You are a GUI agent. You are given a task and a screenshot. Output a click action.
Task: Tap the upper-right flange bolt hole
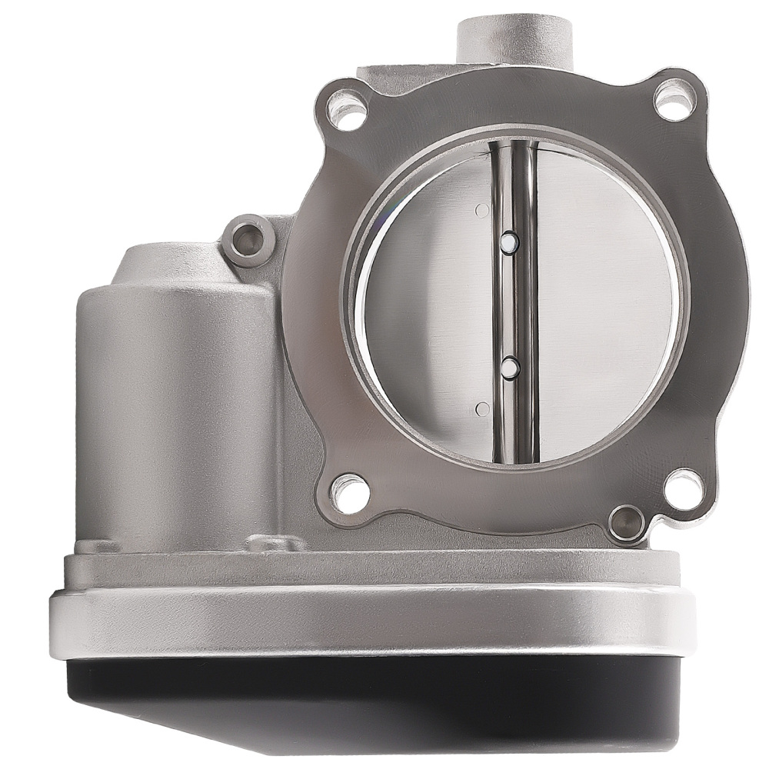pyautogui.click(x=674, y=98)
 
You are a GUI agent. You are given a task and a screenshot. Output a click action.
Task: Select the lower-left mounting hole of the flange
pyautogui.click(x=349, y=493)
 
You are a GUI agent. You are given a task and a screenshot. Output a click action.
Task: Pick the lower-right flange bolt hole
pyautogui.click(x=682, y=488)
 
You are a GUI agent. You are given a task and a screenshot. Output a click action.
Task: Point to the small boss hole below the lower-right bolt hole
pyautogui.click(x=627, y=524)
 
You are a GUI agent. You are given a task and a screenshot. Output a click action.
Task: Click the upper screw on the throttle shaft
pyautogui.click(x=508, y=242)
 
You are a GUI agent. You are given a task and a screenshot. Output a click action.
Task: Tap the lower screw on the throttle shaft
pyautogui.click(x=509, y=368)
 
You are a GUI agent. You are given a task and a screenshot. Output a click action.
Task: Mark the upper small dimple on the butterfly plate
pyautogui.click(x=482, y=210)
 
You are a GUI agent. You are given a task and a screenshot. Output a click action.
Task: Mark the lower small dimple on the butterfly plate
pyautogui.click(x=482, y=408)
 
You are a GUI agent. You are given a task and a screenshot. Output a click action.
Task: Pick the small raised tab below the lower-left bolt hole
pyautogui.click(x=277, y=544)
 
